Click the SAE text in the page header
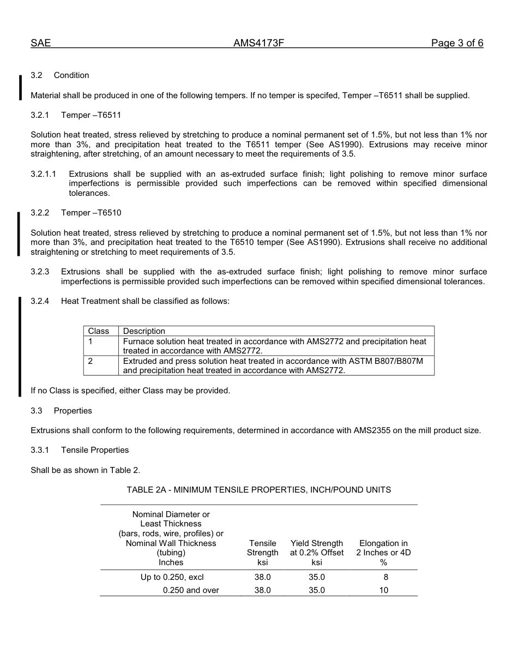click(x=40, y=44)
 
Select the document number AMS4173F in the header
click(x=258, y=44)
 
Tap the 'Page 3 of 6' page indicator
click(x=457, y=44)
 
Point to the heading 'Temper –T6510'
click(x=91, y=213)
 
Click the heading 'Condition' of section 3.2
click(x=71, y=75)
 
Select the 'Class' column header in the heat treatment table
click(x=99, y=331)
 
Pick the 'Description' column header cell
click(x=144, y=331)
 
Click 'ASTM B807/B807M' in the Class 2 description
click(x=386, y=361)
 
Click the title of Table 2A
click(x=258, y=490)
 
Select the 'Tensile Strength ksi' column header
click(x=262, y=553)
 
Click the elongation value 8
click(x=386, y=577)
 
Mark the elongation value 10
click(x=384, y=590)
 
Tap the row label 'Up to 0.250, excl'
click(x=172, y=577)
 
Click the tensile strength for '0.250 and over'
click(x=262, y=590)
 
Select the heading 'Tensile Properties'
click(x=95, y=450)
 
